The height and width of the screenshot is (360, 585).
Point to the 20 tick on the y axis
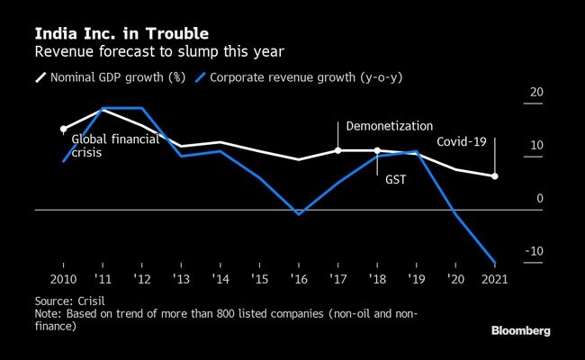point(536,92)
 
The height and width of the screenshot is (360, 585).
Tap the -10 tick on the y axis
point(534,251)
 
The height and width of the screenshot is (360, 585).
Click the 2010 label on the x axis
point(63,279)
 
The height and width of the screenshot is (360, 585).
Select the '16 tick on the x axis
point(299,279)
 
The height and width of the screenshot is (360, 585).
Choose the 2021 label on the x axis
point(494,279)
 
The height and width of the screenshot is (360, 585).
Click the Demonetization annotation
point(389,127)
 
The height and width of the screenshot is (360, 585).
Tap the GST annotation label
point(396,179)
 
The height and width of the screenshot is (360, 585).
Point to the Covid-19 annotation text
point(461,142)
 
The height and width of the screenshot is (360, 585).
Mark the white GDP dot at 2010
point(63,130)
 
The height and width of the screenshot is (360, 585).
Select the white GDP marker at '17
point(337,150)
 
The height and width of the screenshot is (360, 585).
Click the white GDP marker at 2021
point(494,176)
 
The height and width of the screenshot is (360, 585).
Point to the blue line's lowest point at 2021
point(494,263)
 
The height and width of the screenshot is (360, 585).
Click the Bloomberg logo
point(520,331)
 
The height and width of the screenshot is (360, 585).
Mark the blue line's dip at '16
point(299,214)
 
